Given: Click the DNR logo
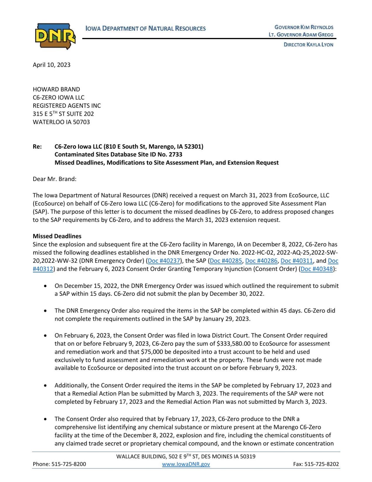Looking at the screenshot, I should (x=55, y=36).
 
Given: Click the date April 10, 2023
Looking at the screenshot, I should (x=51, y=65).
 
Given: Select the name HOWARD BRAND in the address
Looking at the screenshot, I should (x=56, y=89).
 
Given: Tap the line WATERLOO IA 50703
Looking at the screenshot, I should (x=61, y=122).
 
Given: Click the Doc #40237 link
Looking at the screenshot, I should (x=164, y=261).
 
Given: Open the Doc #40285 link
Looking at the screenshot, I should (x=226, y=261).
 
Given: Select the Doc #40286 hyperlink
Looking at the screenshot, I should (x=261, y=261).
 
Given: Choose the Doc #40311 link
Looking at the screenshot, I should (x=297, y=261).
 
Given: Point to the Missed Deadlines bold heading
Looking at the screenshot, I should (x=57, y=236).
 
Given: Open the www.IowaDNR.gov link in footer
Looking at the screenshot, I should (x=186, y=464).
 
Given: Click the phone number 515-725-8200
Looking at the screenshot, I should (x=69, y=464).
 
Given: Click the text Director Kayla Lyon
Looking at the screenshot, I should (x=308, y=45).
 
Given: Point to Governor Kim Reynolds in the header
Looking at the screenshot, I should (x=304, y=27).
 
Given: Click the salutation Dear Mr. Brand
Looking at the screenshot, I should (x=54, y=179).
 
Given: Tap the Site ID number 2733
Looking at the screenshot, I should (x=176, y=154).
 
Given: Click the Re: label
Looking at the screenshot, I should (x=37, y=147).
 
